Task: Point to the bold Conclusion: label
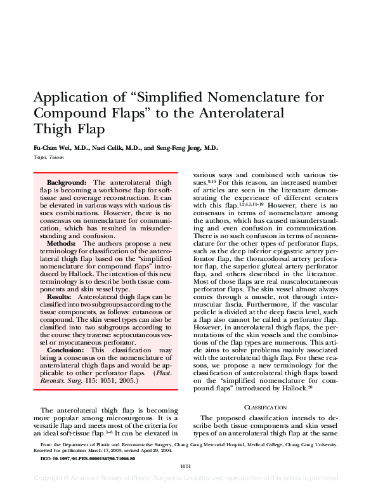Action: tap(66, 350)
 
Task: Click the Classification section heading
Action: tap(266, 407)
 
